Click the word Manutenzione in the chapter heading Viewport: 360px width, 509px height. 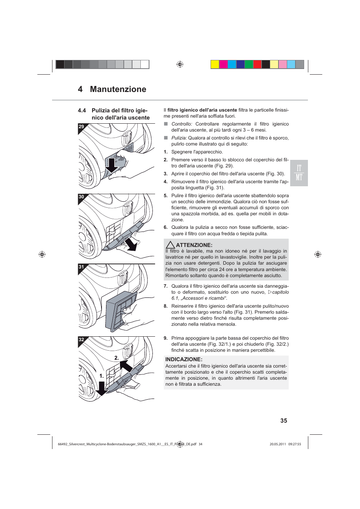118,89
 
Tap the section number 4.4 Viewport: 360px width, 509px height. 82,110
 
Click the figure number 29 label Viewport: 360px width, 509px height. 82,127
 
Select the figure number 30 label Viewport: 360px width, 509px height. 82,197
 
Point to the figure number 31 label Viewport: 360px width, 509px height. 82,267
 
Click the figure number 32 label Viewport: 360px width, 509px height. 82,340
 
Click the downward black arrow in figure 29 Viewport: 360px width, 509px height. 112,165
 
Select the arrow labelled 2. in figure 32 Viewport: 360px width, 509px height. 126,365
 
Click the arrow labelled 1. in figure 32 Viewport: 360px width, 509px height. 102,389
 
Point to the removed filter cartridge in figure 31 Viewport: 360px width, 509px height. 121,311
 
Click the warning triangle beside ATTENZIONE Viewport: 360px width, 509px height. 170,245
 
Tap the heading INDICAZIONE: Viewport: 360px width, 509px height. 184,359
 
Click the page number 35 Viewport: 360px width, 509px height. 284,421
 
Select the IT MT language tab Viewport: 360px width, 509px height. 299,173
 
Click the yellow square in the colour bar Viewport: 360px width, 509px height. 215,64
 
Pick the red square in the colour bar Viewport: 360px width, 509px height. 257,64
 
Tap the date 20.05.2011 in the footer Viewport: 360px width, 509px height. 278,444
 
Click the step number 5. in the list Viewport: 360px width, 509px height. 166,196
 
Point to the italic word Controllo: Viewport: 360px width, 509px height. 182,124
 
